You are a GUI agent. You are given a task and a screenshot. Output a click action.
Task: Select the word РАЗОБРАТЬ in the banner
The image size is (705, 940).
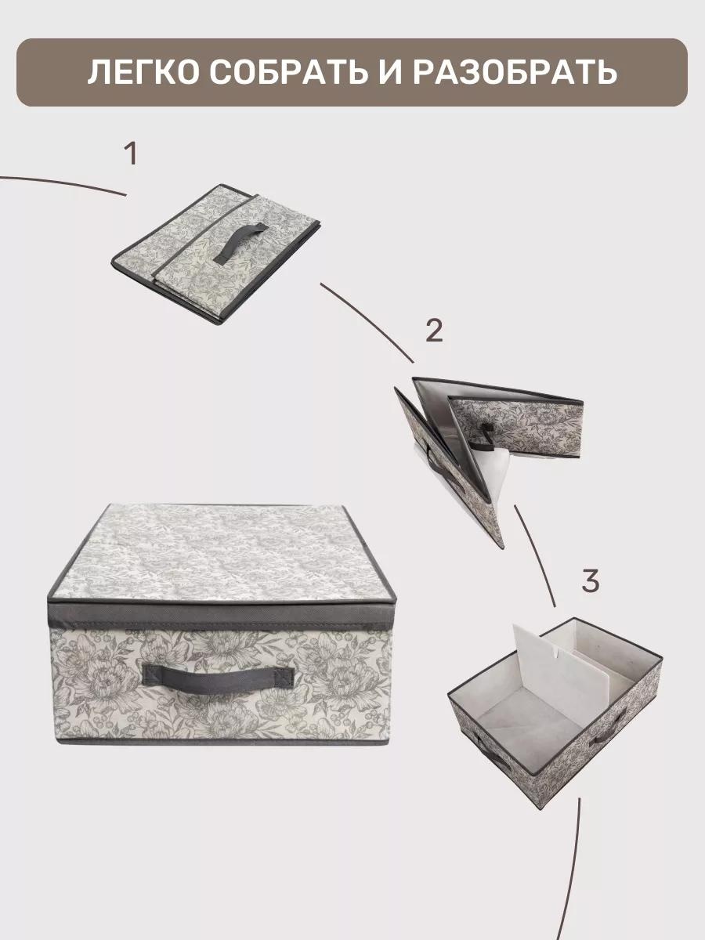(x=515, y=73)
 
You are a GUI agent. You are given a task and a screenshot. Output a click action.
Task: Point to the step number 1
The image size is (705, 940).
(x=131, y=154)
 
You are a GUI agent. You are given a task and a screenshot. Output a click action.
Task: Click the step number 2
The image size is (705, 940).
(x=434, y=331)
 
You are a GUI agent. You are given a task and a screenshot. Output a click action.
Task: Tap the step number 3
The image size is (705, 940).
(x=591, y=580)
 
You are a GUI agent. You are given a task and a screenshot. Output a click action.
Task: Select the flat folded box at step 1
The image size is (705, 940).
(x=216, y=253)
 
